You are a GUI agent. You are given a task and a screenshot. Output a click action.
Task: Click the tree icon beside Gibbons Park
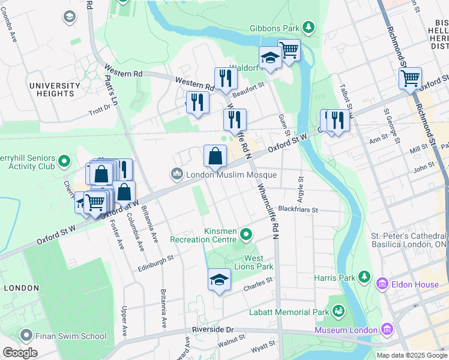[x=308, y=27]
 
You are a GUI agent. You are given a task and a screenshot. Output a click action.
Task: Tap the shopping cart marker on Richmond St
[x=410, y=78]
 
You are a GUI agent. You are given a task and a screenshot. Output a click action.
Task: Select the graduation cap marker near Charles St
[x=219, y=280]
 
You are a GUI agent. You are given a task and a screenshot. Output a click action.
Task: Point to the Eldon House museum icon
[x=381, y=284]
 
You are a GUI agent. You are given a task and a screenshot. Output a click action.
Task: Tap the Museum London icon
[x=387, y=329]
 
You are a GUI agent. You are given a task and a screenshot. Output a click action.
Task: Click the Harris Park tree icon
[x=364, y=277]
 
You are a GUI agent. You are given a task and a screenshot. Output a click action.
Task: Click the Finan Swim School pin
[x=25, y=334]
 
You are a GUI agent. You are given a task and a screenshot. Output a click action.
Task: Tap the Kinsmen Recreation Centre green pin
[x=246, y=233]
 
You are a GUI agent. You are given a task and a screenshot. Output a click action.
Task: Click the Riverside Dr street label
[x=212, y=329]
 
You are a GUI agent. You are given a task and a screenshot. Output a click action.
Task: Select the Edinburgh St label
[x=155, y=259]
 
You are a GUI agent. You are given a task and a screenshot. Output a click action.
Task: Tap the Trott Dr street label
[x=100, y=110]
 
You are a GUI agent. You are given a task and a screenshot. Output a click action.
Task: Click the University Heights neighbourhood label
[x=55, y=89]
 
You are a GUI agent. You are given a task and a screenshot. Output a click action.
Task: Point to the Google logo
[x=20, y=352]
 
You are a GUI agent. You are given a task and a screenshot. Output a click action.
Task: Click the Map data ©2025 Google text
[x=411, y=355]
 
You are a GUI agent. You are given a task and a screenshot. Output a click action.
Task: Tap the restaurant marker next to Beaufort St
[x=226, y=79]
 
